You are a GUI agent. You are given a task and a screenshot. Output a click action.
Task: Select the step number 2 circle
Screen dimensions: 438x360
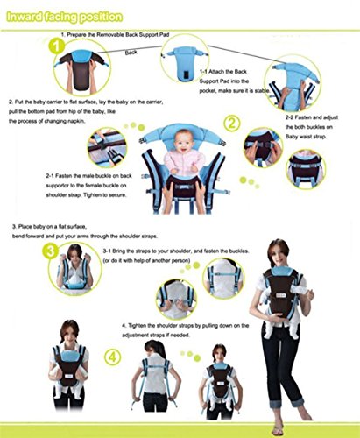[x=232, y=124]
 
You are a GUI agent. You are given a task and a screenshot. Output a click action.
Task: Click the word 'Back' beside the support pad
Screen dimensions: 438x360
[x=131, y=53]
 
